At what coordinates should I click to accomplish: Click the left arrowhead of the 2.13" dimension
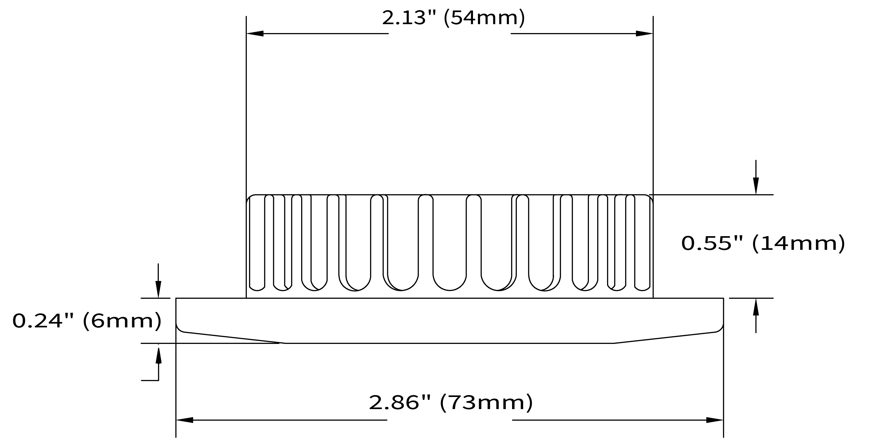[x=255, y=33]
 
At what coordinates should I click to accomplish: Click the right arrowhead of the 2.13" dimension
[x=644, y=33]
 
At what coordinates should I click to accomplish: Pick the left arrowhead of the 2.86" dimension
[x=184, y=420]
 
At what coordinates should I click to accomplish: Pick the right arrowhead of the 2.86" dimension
[x=715, y=420]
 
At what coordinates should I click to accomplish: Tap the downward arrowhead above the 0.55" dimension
[x=756, y=186]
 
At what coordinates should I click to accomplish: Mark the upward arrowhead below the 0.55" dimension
[x=756, y=307]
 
